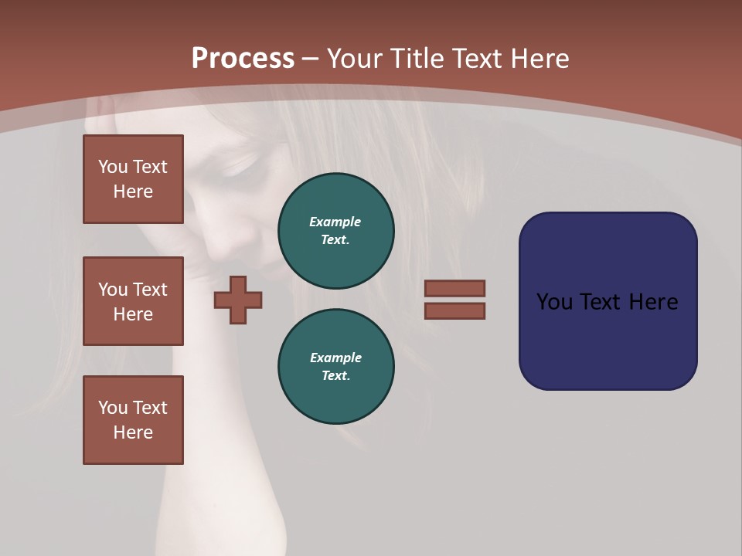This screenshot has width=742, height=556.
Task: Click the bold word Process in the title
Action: coord(243,59)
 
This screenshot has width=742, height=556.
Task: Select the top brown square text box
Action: coord(133,179)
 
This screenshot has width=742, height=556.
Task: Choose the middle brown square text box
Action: coord(133,301)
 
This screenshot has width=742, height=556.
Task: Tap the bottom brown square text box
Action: coord(133,419)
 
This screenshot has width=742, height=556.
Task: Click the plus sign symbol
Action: coord(238,300)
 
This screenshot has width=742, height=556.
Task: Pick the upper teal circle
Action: coord(335,230)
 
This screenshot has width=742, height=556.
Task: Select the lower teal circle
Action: coord(335,366)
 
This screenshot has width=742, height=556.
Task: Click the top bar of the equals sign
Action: coord(454,288)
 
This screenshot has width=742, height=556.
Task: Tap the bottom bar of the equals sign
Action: coord(454,310)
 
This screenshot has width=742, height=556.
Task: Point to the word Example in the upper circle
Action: coord(335,222)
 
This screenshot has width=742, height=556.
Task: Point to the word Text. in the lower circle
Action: coord(335,375)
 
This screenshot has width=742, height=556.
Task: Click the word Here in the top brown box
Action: coord(133,192)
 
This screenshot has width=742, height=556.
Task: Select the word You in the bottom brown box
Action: coord(113,408)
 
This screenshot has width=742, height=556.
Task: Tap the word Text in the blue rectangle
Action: coord(601,302)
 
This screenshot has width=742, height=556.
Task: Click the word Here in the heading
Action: coord(539,59)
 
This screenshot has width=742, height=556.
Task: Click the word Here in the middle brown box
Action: coord(133,314)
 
